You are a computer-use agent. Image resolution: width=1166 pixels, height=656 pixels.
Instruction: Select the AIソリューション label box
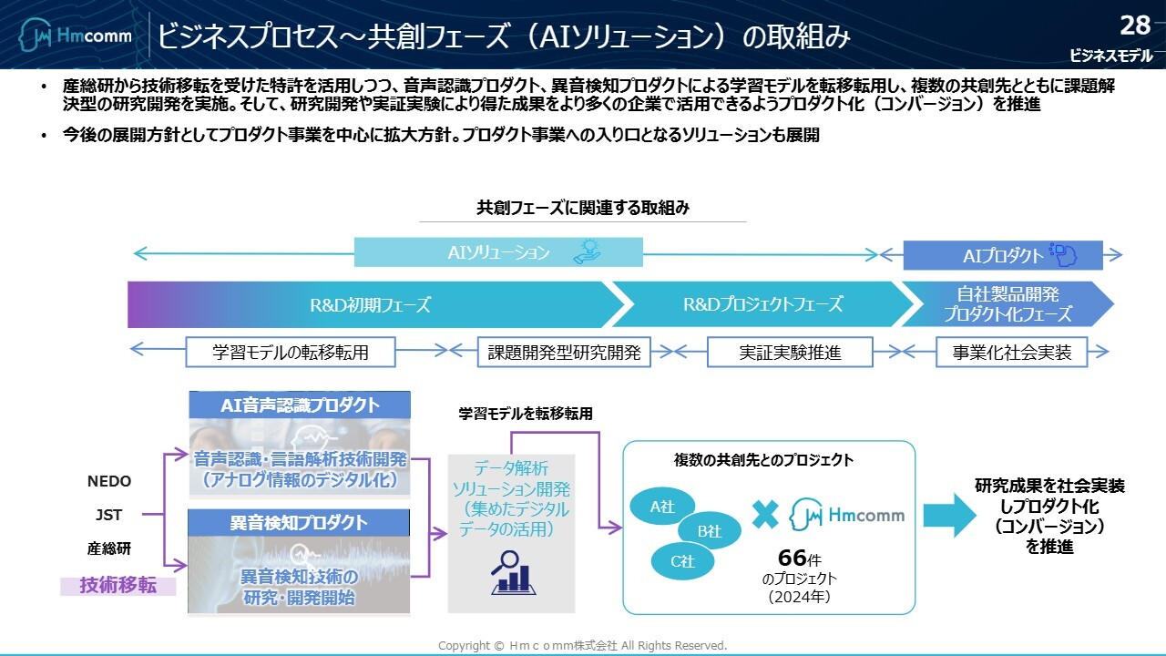click(498, 252)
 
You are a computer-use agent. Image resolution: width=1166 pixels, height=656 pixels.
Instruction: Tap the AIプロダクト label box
click(1002, 256)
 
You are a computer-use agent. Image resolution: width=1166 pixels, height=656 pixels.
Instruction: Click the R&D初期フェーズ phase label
click(370, 304)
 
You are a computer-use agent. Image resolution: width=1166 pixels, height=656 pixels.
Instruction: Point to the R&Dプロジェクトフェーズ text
click(762, 304)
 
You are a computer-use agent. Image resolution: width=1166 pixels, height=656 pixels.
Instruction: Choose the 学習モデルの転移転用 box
click(291, 352)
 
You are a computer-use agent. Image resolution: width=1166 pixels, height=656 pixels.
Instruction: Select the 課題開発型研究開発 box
click(564, 352)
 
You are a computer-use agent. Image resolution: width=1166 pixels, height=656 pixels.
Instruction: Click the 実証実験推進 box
click(790, 352)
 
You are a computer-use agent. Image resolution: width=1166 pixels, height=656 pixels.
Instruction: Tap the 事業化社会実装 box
click(1012, 352)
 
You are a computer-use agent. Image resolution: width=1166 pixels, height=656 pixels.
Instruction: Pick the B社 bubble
click(709, 531)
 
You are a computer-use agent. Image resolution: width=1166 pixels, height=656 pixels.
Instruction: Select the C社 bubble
click(682, 561)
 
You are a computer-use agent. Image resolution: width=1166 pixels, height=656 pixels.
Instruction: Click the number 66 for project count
click(792, 558)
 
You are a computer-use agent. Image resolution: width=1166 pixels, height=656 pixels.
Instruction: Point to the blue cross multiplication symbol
click(765, 515)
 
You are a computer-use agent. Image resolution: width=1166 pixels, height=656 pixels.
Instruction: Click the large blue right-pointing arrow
click(947, 516)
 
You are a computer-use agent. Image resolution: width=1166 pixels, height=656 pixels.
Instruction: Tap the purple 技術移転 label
click(118, 586)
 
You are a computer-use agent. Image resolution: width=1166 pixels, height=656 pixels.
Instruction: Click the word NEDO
click(109, 481)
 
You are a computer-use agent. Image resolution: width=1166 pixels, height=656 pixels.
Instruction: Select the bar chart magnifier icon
click(511, 572)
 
